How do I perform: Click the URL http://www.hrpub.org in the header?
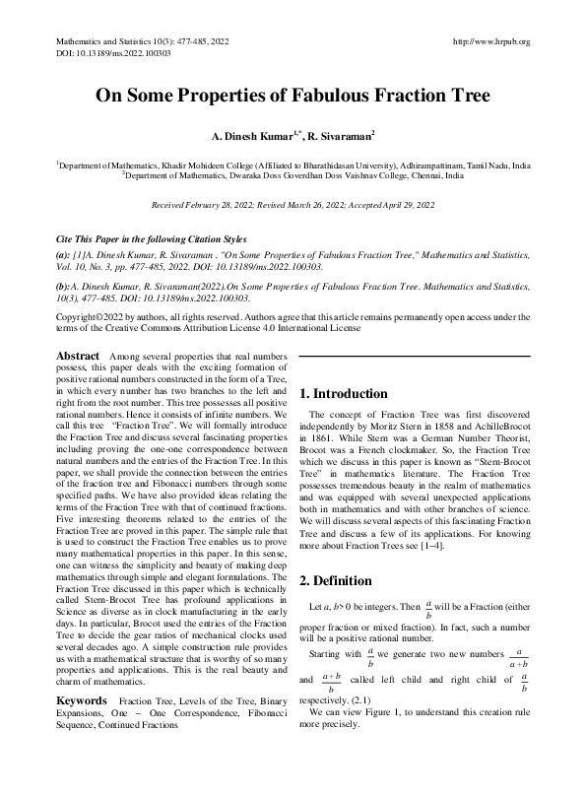[489, 41]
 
